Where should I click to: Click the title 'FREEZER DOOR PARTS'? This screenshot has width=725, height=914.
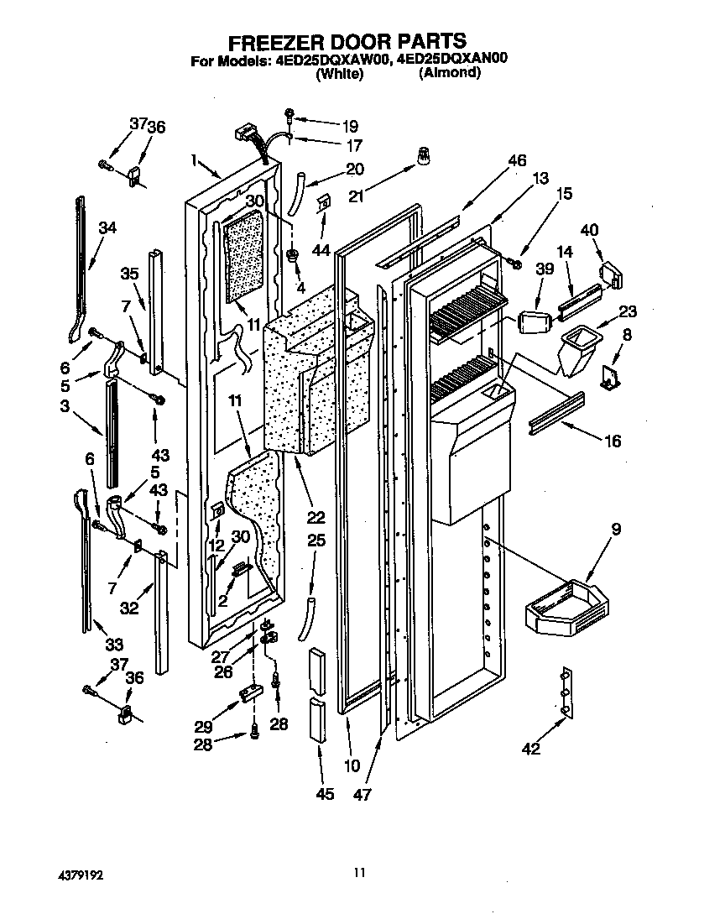[x=347, y=41]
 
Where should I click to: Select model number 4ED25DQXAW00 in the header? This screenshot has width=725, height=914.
[x=328, y=60]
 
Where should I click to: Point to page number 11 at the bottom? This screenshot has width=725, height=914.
[x=359, y=874]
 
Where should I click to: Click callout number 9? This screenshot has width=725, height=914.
[x=617, y=530]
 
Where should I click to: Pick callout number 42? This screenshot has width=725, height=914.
[x=531, y=749]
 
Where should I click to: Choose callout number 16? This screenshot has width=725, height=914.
[x=613, y=440]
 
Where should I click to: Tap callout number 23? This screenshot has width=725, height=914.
[x=629, y=311]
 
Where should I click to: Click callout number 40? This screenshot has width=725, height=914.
[x=590, y=228]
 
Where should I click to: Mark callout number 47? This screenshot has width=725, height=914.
[x=362, y=794]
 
